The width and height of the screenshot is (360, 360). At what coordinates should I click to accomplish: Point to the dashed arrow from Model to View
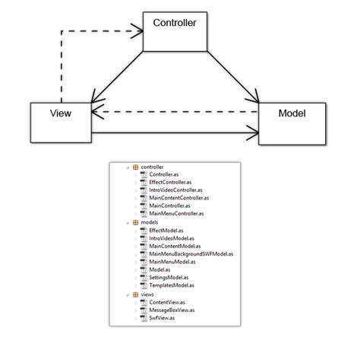pyautogui.click(x=175, y=113)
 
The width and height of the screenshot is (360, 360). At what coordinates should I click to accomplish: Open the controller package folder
pyautogui.click(x=152, y=166)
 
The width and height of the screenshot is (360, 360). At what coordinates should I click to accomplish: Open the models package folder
pyautogui.click(x=149, y=221)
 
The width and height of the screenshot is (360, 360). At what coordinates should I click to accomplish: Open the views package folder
pyautogui.click(x=147, y=293)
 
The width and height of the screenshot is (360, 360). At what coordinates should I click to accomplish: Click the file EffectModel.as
pyautogui.click(x=163, y=230)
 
